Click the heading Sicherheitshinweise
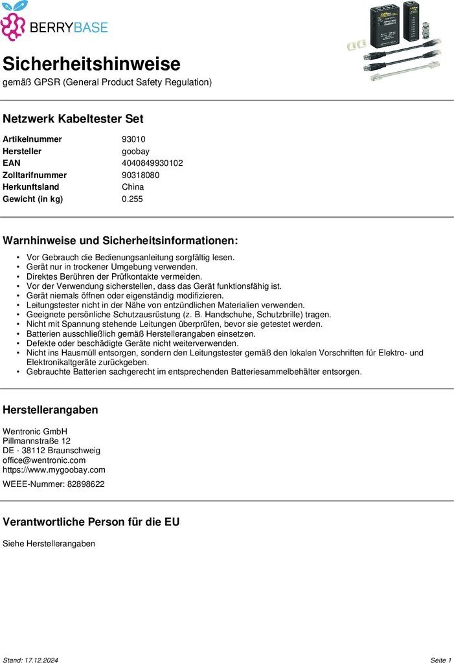pos(91,64)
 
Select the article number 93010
pos(133,139)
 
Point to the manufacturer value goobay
pos(136,151)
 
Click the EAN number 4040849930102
pos(152,163)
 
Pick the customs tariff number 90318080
pos(141,175)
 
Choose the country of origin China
pos(133,187)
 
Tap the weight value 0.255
pos(132,199)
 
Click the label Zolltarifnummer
pos(34,175)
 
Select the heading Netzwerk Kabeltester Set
pos(73,119)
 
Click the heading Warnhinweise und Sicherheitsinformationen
pos(120,241)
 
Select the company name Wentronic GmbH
pos(35,431)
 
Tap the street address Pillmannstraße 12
pos(36,441)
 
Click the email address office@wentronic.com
pos(44,460)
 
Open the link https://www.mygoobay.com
pos(54,470)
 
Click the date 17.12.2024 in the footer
pos(41,660)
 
